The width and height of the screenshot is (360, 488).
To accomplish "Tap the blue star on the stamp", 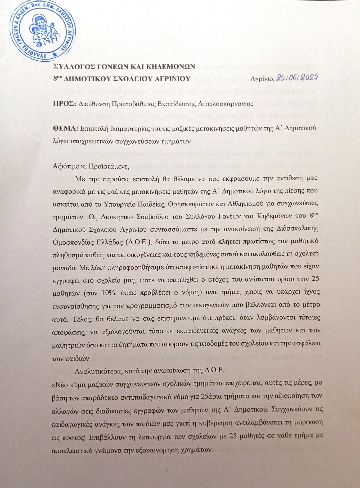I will (55, 54).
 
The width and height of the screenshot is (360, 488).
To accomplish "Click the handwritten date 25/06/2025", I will (297, 77).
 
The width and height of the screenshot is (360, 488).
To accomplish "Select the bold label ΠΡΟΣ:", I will (65, 103).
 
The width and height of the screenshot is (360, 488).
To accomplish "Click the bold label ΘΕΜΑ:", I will (65, 128).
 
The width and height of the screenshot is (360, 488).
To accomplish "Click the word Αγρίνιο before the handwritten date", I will (262, 79).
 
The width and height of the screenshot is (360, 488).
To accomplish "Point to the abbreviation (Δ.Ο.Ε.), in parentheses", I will (138, 242).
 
